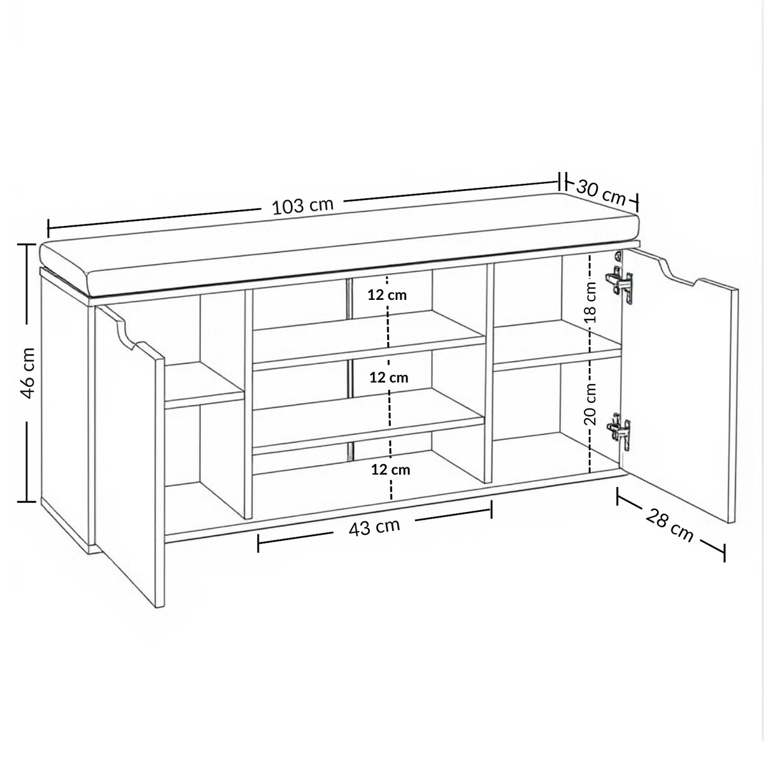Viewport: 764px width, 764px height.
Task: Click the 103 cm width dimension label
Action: pyautogui.click(x=303, y=206)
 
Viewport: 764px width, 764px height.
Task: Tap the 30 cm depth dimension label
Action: pyautogui.click(x=600, y=193)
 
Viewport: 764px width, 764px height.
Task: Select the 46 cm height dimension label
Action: pyautogui.click(x=28, y=372)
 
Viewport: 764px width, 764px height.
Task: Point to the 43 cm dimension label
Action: pyautogui.click(x=374, y=528)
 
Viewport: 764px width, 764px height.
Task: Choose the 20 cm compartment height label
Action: pyautogui.click(x=590, y=404)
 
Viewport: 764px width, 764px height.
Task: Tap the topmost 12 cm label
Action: pyautogui.click(x=387, y=295)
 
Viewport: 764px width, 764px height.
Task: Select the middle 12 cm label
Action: pyautogui.click(x=389, y=378)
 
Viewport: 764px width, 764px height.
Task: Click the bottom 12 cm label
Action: pyautogui.click(x=390, y=470)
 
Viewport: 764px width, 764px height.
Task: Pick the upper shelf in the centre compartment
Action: pyautogui.click(x=369, y=341)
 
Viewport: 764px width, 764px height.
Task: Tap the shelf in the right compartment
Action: pyautogui.click(x=557, y=346)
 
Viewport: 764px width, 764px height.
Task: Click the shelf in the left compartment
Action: pyautogui.click(x=204, y=385)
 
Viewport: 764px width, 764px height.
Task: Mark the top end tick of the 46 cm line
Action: pyautogui.click(x=27, y=244)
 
